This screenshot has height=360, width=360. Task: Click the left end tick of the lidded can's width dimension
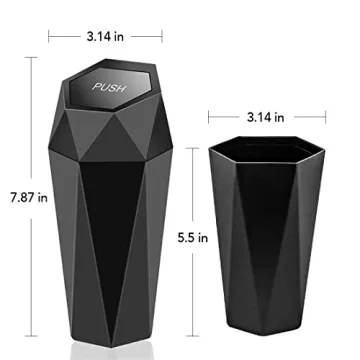49,35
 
